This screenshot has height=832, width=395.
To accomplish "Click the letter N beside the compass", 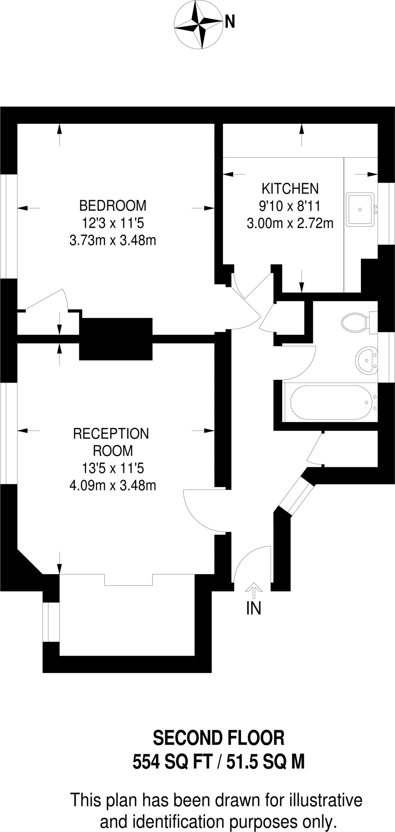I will point(230,22).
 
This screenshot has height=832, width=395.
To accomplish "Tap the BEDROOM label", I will point(113,206).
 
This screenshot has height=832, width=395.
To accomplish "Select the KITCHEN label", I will point(290,188).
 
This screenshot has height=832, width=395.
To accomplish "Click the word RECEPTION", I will point(111,433).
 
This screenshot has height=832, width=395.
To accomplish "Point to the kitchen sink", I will point(360,210).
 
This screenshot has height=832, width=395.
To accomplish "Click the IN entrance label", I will point(254,608).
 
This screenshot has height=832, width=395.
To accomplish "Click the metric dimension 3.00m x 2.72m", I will point(290,223).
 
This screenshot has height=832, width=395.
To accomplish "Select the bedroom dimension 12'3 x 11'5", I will point(113,223).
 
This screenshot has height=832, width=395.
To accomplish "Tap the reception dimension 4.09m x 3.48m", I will point(113,485).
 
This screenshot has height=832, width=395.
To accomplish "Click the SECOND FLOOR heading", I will point(219,738).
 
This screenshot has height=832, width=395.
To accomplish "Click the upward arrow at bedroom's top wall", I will point(60,134).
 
